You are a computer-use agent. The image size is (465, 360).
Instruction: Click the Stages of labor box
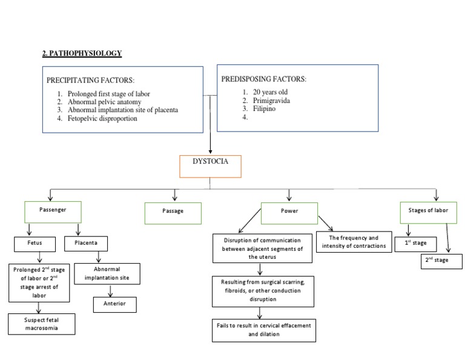[428, 212]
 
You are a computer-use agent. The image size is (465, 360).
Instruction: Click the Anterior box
[115, 304]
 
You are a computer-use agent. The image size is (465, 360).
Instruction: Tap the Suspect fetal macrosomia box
[42, 323]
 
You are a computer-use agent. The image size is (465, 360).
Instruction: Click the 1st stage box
[419, 243]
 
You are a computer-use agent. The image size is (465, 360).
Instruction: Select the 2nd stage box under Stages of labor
[441, 261]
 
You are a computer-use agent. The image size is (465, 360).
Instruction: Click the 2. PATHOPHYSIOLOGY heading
[82, 53]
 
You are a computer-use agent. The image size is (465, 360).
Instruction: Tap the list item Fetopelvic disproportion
[102, 119]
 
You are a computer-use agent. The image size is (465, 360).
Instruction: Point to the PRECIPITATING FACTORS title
[91, 80]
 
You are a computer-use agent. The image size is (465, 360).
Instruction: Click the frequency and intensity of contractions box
[354, 242]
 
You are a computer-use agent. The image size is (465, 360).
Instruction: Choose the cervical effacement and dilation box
[263, 330]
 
